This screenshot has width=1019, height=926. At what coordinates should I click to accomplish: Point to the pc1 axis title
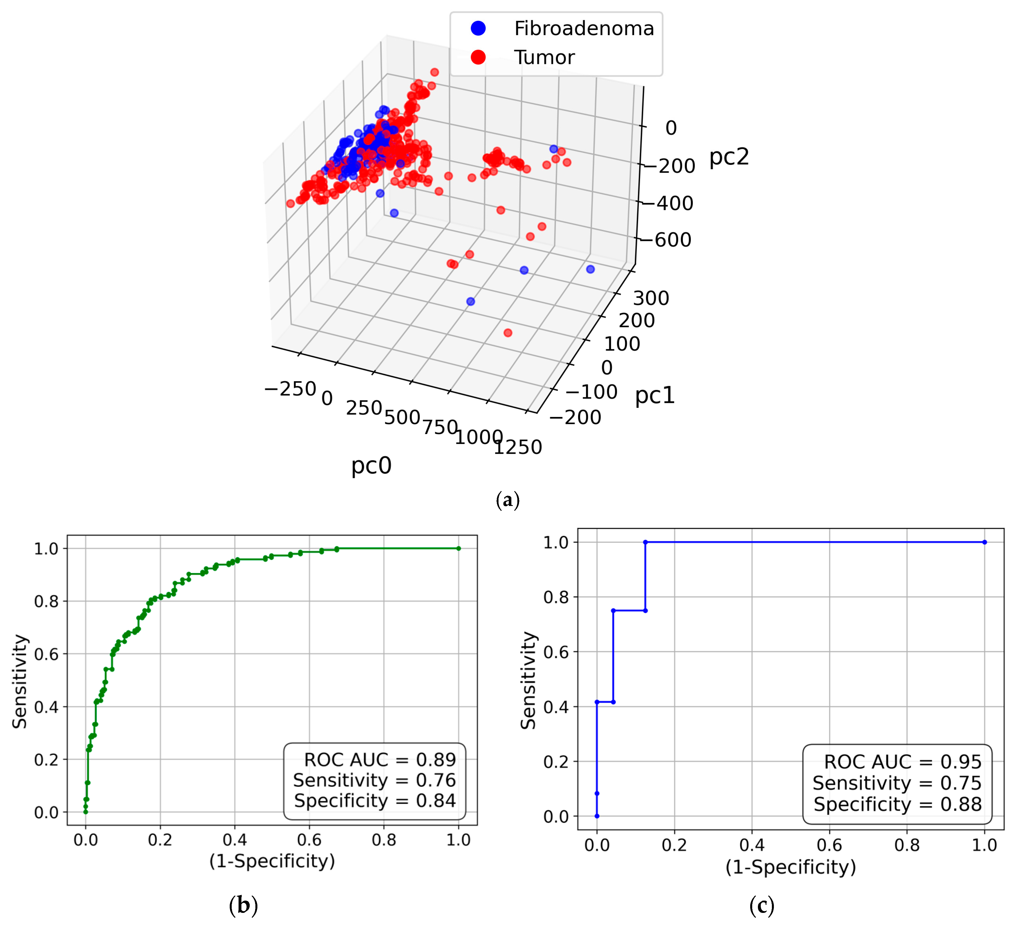[x=655, y=395]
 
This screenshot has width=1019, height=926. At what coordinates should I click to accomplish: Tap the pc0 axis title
[x=372, y=465]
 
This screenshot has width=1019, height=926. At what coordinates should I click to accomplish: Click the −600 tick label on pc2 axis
[x=672, y=240]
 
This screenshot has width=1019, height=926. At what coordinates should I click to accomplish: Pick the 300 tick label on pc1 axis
[x=651, y=298]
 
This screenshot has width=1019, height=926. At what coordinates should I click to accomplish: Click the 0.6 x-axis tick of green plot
[x=309, y=840]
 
